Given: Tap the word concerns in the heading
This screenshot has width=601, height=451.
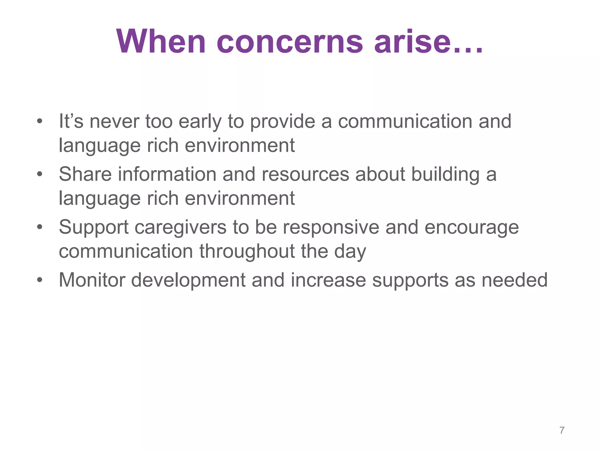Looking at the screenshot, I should point(290,42).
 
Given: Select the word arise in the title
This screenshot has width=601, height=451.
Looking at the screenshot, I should point(412,42).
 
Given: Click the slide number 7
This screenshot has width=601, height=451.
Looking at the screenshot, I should point(562,430).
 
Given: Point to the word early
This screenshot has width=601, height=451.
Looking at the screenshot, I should point(200,122).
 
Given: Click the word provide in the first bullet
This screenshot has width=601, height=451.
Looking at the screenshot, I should point(282,122).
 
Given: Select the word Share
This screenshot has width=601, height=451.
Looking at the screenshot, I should point(85,174).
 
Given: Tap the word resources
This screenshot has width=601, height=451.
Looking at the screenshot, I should point(305,174).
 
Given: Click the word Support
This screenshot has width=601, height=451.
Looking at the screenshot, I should point(94,228).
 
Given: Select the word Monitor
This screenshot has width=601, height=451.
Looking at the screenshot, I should point(92,280).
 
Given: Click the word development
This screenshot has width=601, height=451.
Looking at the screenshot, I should point(188,280).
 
